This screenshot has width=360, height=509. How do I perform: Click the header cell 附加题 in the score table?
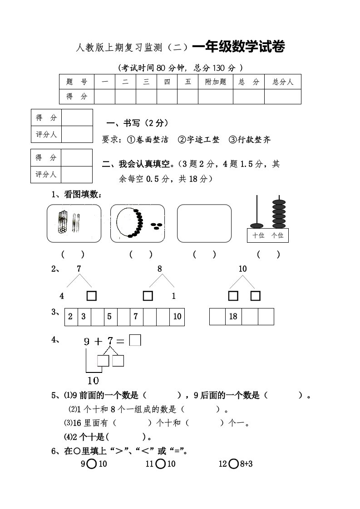216,82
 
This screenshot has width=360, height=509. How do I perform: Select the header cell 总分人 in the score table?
283,82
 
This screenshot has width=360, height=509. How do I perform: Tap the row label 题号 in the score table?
77,82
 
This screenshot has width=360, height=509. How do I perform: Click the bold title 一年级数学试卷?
239,47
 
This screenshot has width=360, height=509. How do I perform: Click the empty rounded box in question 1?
204,223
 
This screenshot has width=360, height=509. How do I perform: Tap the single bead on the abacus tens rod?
257,225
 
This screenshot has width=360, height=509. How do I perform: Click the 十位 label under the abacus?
258,235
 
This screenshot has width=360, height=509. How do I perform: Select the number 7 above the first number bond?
79,269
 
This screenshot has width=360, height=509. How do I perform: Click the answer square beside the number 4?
92,296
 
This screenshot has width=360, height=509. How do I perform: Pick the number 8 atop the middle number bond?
160,269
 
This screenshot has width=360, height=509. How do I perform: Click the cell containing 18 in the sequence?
233,317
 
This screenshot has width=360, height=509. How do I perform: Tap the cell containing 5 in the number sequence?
109,317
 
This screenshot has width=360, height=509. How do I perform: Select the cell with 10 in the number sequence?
177,317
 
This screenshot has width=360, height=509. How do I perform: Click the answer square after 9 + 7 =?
135,340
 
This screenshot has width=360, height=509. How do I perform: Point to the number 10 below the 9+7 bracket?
93,380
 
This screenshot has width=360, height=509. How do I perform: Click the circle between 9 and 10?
91,464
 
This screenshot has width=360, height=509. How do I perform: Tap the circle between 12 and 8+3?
234,464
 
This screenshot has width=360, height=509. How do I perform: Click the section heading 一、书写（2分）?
137,123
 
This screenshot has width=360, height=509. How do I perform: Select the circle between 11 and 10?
160,464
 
